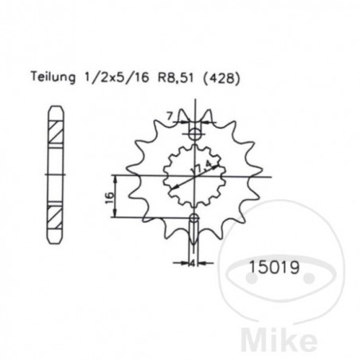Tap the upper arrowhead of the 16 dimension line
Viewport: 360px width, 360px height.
(x=119, y=175)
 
